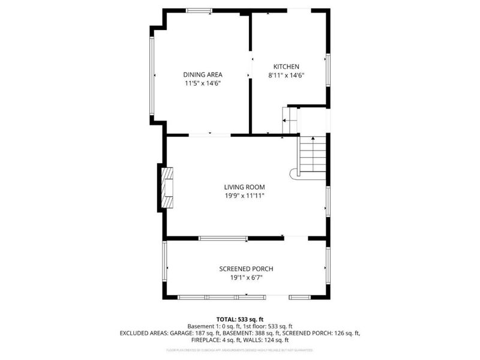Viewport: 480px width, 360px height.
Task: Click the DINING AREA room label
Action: click(203, 74)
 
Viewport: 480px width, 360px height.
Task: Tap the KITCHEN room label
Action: click(286, 67)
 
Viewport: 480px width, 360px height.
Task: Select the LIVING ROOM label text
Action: click(245, 187)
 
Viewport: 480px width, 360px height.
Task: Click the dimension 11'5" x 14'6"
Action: click(203, 84)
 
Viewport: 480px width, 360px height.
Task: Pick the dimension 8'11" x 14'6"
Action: click(286, 76)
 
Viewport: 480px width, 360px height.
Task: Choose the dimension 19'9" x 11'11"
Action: click(245, 196)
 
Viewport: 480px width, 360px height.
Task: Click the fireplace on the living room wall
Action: click(167, 187)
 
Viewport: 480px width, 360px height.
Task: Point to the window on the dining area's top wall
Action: click(199, 10)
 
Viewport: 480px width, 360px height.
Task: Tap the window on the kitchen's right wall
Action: click(328, 69)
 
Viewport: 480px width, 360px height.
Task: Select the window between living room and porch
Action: click(223, 238)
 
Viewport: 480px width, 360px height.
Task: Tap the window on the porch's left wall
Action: click(164, 262)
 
